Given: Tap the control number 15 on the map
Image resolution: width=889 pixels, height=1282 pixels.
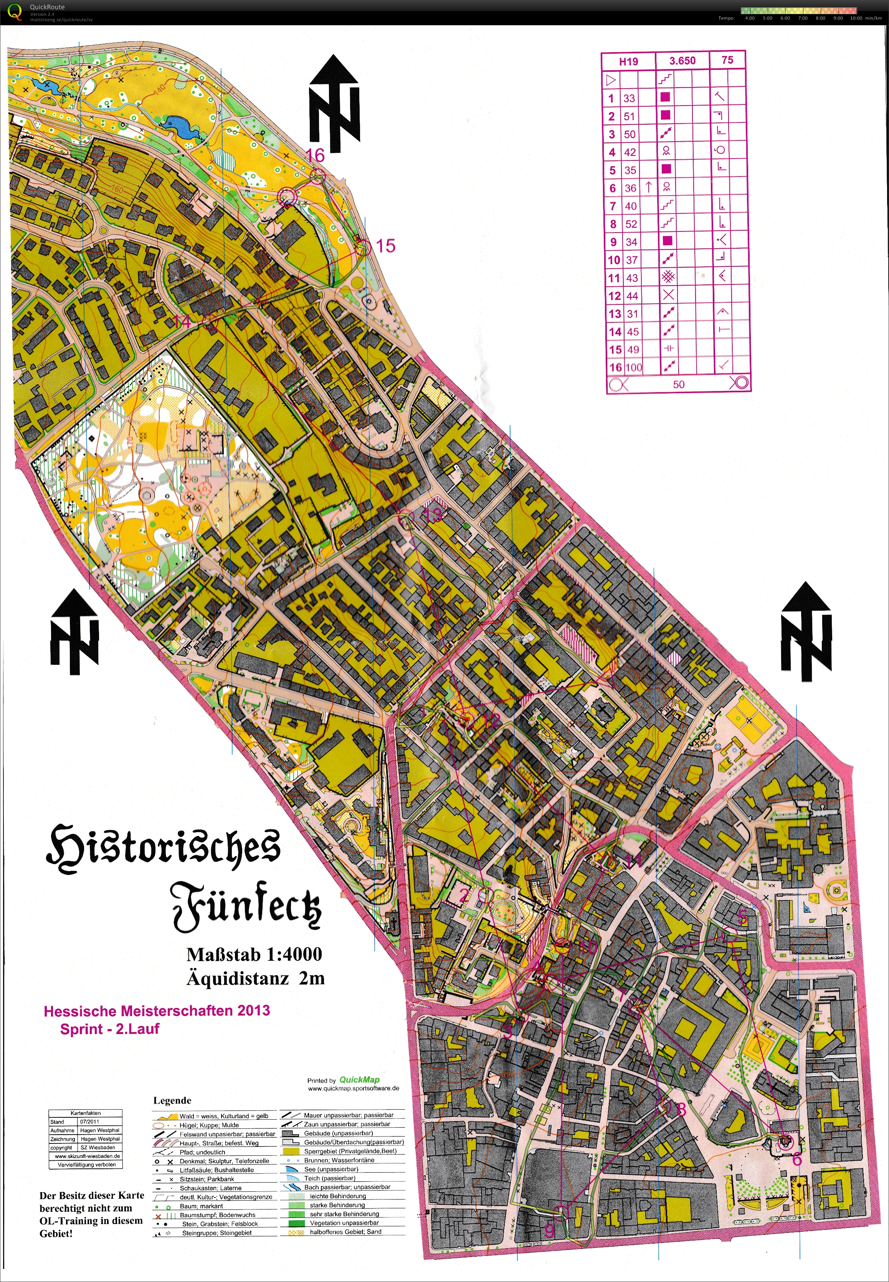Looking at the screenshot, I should [x=385, y=246].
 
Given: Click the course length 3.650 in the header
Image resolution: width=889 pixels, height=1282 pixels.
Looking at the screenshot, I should [x=682, y=61].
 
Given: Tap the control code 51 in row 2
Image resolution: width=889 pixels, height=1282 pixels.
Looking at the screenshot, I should [x=630, y=116].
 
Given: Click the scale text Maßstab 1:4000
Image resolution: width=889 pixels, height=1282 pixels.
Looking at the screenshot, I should [x=254, y=954].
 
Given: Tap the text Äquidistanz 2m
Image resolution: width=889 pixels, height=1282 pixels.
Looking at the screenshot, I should [x=255, y=978].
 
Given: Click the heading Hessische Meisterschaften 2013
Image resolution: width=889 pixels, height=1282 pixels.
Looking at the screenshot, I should [x=157, y=1011].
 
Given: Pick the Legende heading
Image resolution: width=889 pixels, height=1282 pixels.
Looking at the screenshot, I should [x=172, y=1100].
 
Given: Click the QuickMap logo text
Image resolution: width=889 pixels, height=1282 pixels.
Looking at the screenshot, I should [x=359, y=1080].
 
